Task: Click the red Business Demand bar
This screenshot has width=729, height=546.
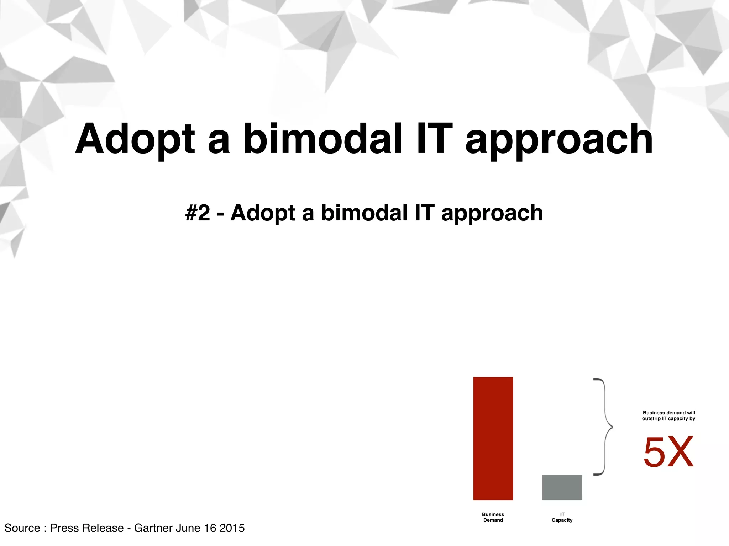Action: point(493,438)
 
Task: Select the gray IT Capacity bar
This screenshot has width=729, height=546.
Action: point(562,487)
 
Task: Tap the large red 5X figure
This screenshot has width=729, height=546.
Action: point(668,452)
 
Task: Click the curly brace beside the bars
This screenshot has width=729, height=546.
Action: point(604,427)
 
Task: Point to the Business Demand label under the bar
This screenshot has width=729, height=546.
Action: point(493,517)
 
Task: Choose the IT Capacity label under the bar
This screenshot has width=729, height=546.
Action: point(562,517)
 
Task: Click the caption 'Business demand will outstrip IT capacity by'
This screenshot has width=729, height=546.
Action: point(668,416)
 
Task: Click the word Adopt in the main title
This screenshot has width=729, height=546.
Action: point(135,139)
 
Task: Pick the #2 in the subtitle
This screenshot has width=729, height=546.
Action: point(198,213)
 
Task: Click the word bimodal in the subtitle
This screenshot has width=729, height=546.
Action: point(364,213)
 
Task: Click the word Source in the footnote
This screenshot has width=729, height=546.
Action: point(22,528)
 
